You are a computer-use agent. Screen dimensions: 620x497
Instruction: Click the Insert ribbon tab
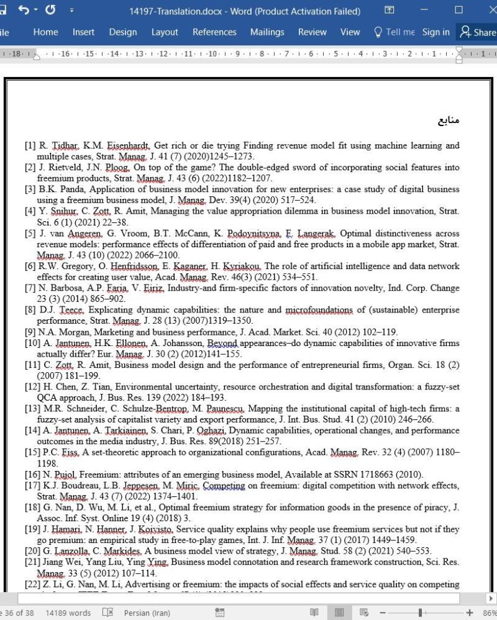tap(83, 32)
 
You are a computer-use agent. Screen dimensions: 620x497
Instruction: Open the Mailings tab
tap(267, 32)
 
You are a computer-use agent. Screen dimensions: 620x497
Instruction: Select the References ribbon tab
tap(214, 32)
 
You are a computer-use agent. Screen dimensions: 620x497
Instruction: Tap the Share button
tap(477, 32)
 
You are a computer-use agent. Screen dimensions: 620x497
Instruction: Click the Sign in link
tap(435, 32)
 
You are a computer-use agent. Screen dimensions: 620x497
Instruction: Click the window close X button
tap(485, 11)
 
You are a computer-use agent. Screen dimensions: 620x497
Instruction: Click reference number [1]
tap(30, 146)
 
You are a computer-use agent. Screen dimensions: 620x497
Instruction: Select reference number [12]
tap(32, 387)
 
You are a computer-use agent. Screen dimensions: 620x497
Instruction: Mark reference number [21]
tap(32, 562)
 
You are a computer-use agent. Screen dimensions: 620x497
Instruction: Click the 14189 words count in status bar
tap(68, 613)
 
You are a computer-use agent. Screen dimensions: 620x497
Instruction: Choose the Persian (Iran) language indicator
tap(147, 613)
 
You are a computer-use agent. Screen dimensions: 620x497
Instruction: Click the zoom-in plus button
tap(470, 613)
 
